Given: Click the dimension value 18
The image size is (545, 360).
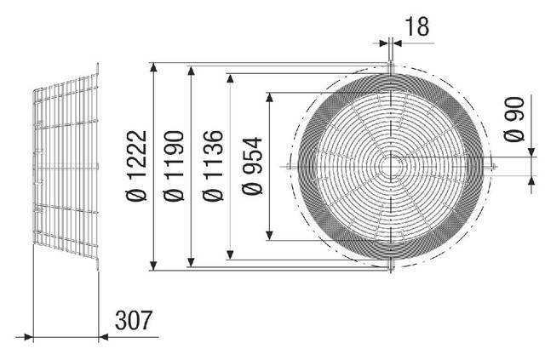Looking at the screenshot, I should pos(416,27).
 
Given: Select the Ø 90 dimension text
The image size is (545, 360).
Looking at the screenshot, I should pos(513,125).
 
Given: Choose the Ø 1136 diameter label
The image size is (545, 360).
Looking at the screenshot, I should pos(215,167).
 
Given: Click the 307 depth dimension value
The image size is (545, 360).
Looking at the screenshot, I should pos(134,321).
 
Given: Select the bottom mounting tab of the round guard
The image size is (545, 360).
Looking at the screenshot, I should pos(390,267).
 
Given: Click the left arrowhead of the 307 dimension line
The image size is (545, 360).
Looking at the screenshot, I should pos(35,338).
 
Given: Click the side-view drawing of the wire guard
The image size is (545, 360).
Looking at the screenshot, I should pos(66,167).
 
